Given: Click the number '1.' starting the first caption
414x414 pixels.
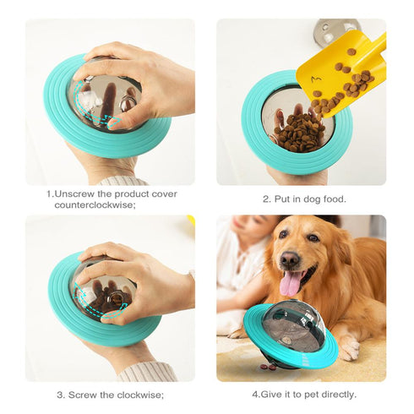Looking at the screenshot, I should point(51,193).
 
